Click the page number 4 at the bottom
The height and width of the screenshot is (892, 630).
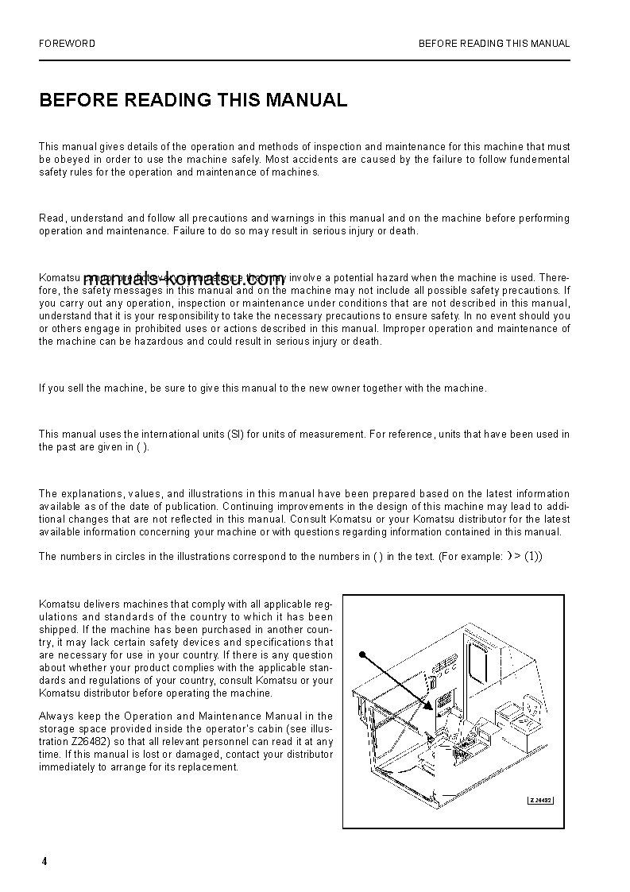pyautogui.click(x=44, y=862)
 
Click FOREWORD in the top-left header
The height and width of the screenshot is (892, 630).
pyautogui.click(x=67, y=44)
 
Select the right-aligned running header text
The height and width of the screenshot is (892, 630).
pyautogui.click(x=493, y=44)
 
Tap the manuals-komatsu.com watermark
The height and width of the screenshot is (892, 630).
pyautogui.click(x=184, y=279)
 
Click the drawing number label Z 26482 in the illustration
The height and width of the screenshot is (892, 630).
pyautogui.click(x=540, y=800)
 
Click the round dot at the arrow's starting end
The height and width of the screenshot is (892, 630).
pyautogui.click(x=361, y=655)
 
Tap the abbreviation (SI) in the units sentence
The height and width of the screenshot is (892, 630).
pyautogui.click(x=235, y=434)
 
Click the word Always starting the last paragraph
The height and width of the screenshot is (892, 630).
pyautogui.click(x=55, y=716)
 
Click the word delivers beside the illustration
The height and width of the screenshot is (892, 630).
pyautogui.click(x=102, y=604)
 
